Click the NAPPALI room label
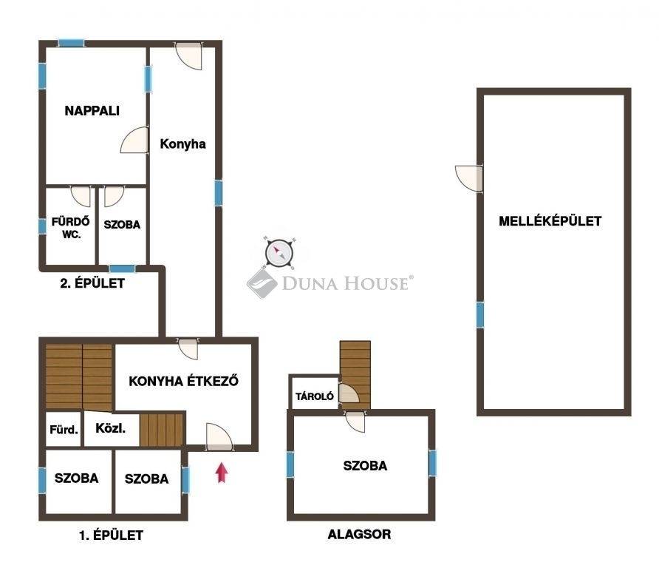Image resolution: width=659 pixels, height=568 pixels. pos(92,111)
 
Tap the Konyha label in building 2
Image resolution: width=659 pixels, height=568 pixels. pos(182,144)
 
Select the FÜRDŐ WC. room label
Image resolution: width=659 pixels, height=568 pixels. pos(71,228)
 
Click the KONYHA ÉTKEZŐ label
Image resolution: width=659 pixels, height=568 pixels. pos(184,381)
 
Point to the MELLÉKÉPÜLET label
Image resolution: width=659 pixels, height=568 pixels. pos(550,221)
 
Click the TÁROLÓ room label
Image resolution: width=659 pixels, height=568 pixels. pos(315,396)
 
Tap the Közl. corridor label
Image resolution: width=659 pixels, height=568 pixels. pos(111,428)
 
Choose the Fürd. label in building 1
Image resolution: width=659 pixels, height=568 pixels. pos(64,430)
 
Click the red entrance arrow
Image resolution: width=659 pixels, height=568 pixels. pos(222,473)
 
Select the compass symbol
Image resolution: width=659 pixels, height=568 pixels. pos(279,253)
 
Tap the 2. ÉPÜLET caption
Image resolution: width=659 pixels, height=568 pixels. pos(92,283)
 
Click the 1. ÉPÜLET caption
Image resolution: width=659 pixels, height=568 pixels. pos(112,535)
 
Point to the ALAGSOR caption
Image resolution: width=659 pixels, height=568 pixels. pos(359,534)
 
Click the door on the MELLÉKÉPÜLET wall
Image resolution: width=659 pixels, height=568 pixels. pos(469,179)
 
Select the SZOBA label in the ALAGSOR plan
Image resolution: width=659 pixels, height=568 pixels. pos(365,466)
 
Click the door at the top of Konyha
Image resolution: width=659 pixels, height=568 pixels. pos(188,56)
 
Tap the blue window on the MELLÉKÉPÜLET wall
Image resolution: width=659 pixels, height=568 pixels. pos(480,315)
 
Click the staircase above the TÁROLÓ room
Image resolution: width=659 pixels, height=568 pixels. pos(355,374)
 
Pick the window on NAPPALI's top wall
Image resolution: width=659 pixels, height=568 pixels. pos(71,43)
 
